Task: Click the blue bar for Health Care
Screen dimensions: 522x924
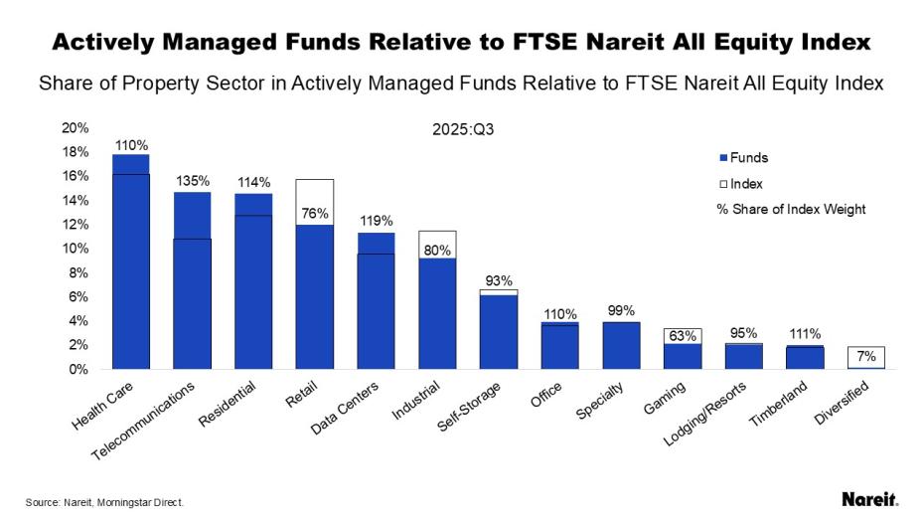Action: (130, 262)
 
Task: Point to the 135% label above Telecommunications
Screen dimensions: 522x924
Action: (193, 181)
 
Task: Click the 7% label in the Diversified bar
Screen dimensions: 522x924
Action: (866, 356)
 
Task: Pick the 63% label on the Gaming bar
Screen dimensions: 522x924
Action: (682, 336)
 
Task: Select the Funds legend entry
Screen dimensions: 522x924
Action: (743, 157)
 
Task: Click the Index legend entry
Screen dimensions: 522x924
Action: (740, 184)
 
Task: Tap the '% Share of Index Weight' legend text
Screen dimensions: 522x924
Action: (790, 210)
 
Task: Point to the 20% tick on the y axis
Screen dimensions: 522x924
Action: (76, 127)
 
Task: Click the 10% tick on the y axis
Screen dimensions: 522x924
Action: (76, 249)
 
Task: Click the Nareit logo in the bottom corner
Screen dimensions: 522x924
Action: (869, 499)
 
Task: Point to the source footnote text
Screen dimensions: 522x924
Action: (105, 502)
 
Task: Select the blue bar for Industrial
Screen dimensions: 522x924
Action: (438, 313)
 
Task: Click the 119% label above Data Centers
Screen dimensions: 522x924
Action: (377, 221)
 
